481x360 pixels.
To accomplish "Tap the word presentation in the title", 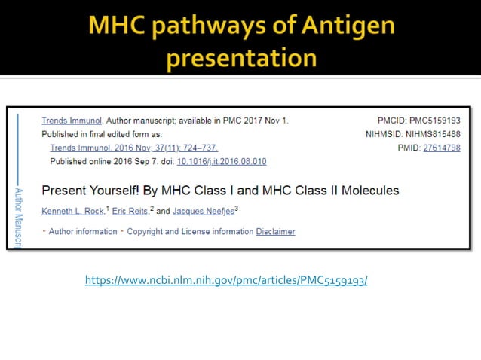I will [241, 57].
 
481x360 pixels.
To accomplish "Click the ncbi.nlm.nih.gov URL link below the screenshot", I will [226, 281].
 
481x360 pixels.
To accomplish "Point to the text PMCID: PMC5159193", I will [418, 121].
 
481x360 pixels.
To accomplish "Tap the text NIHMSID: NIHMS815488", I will [412, 134].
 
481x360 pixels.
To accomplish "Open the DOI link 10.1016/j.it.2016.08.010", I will [222, 162].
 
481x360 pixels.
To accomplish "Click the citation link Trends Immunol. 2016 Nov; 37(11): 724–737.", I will [133, 148].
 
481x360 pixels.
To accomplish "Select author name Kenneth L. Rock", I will [72, 211].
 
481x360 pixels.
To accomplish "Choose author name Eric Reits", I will [130, 211].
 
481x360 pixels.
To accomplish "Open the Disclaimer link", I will [275, 231].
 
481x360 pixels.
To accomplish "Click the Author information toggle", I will [82, 231].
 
